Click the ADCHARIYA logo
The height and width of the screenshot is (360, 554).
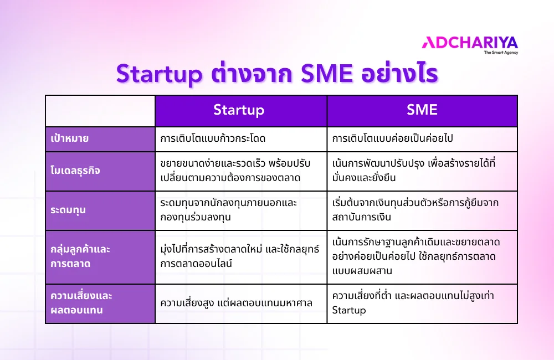click(469, 42)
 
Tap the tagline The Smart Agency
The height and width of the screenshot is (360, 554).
click(501, 53)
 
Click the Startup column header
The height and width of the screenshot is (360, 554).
click(239, 110)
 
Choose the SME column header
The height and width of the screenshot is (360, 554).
click(422, 110)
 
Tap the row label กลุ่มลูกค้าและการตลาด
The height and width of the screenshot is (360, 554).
click(80, 256)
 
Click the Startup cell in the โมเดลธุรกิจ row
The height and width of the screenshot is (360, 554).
click(235, 171)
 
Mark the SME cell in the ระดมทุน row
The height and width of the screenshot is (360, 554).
click(415, 210)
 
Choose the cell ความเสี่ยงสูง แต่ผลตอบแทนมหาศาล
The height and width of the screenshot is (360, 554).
click(235, 304)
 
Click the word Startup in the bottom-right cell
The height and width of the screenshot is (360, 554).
click(349, 310)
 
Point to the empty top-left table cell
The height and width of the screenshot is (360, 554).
click(100, 111)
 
